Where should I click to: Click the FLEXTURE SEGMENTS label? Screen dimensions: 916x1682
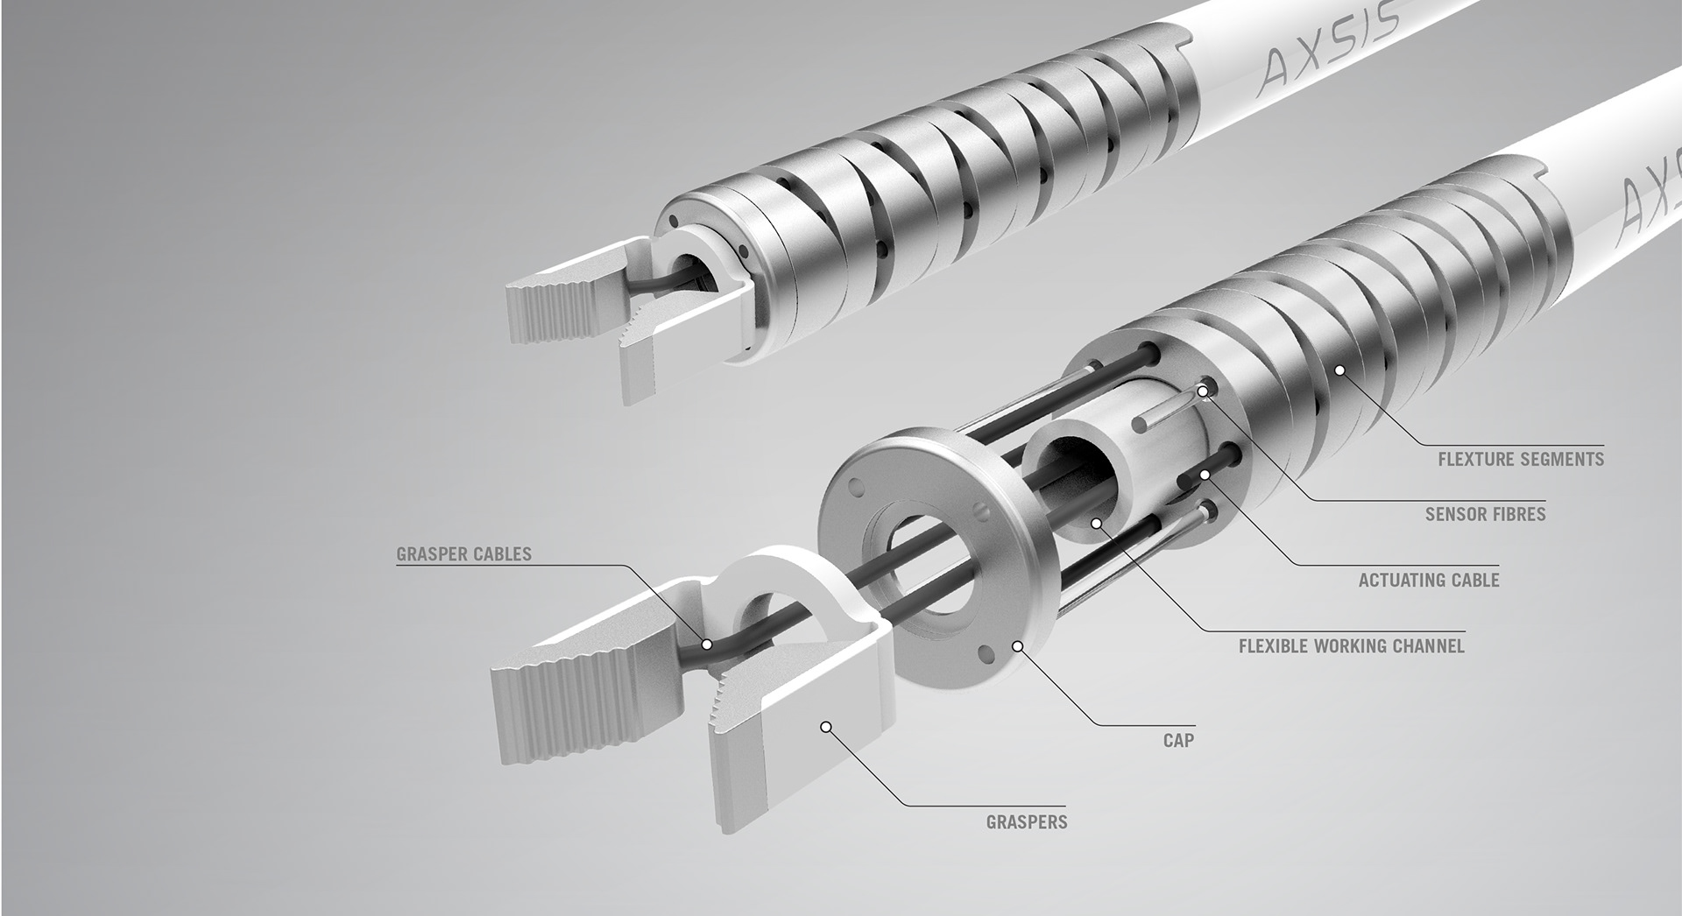click(1520, 459)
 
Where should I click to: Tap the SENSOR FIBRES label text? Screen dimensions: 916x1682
click(1485, 514)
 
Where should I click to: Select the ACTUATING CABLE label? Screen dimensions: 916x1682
click(1428, 580)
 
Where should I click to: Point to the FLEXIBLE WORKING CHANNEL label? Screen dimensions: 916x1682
click(1351, 646)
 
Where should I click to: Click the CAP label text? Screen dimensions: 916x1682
click(1178, 740)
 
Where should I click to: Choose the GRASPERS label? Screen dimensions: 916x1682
click(1026, 822)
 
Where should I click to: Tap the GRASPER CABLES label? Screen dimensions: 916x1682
click(463, 553)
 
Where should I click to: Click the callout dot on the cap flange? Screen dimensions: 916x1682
click(1017, 647)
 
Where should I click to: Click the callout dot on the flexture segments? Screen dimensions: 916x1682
click(1339, 371)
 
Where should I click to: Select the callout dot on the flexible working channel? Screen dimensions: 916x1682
click(1095, 523)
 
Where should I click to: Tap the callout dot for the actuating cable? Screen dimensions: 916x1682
click(1205, 474)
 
